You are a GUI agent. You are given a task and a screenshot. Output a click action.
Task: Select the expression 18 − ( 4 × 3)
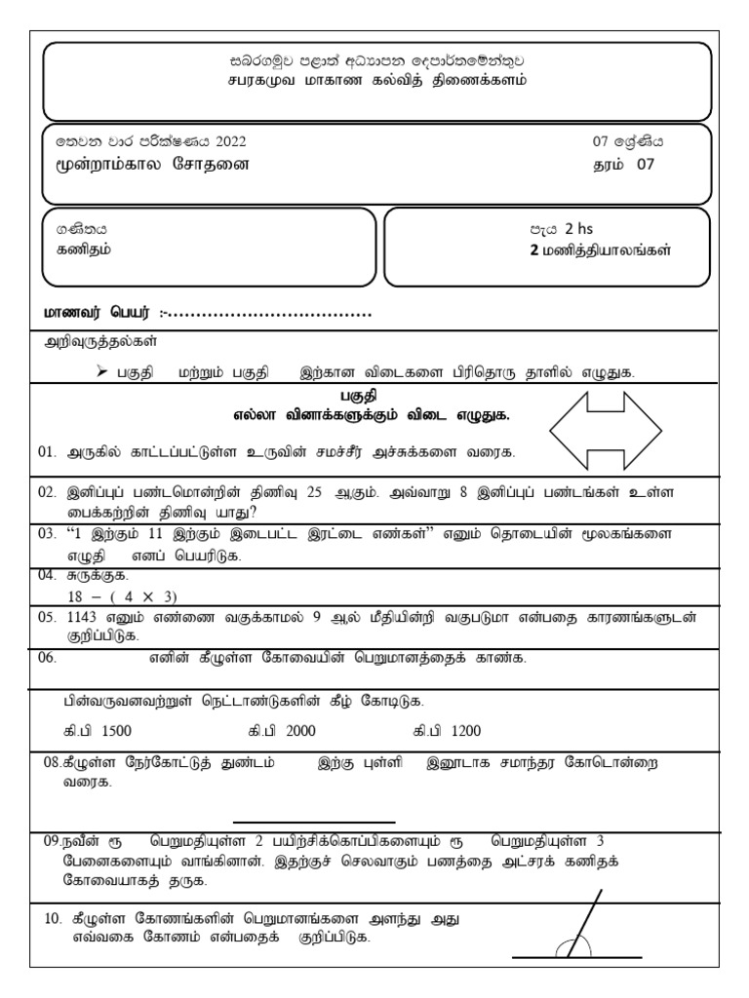click(x=108, y=595)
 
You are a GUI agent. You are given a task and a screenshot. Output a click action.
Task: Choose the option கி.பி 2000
click(x=282, y=731)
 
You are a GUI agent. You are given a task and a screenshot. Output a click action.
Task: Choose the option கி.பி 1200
click(x=447, y=731)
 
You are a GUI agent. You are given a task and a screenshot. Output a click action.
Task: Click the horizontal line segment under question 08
click(x=314, y=823)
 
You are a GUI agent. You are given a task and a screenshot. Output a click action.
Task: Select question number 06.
click(x=49, y=658)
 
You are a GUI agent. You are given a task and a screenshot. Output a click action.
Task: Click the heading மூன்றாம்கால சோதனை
click(x=152, y=164)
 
